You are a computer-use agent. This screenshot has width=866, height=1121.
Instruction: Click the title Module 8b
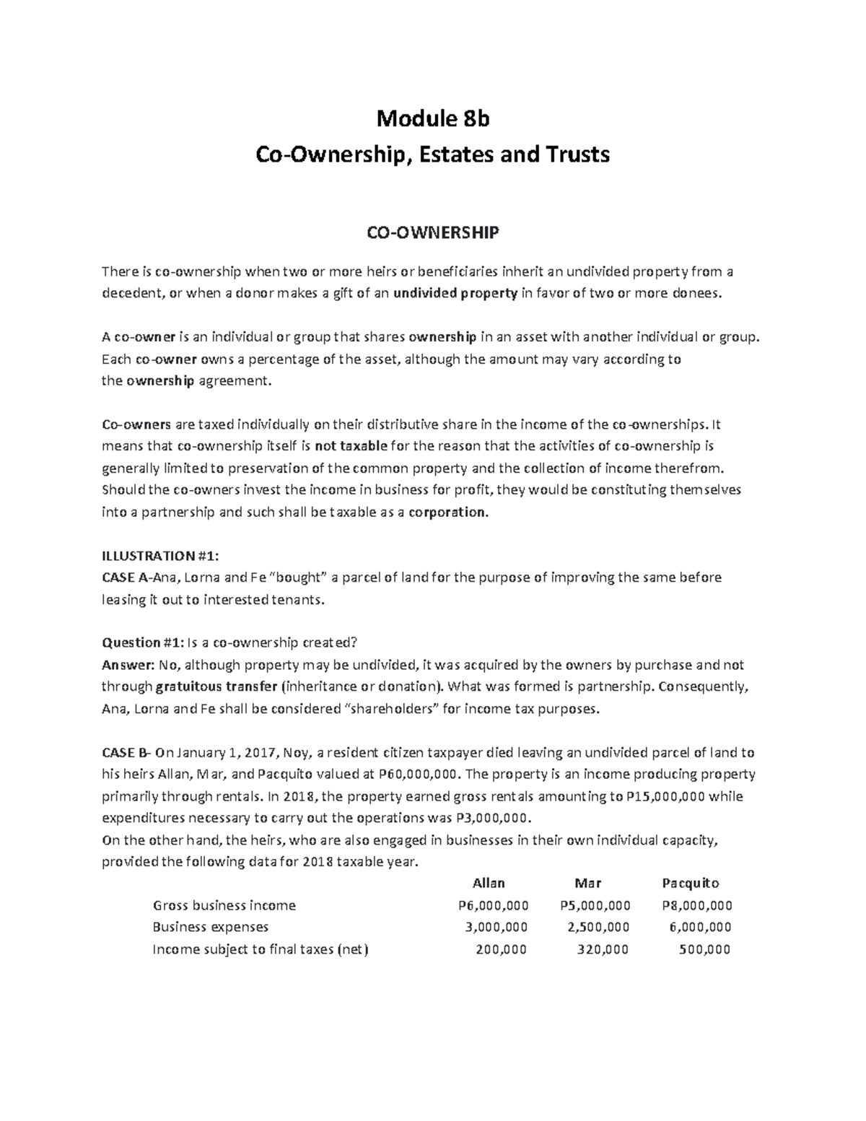click(432, 118)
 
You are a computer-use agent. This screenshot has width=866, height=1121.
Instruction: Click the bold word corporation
click(448, 512)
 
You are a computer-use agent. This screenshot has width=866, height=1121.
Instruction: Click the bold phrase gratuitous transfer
click(216, 686)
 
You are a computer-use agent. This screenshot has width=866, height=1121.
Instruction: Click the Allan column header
click(489, 883)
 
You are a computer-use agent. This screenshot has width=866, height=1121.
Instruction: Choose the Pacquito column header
click(691, 883)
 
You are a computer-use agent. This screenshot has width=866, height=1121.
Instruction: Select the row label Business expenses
click(211, 927)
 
